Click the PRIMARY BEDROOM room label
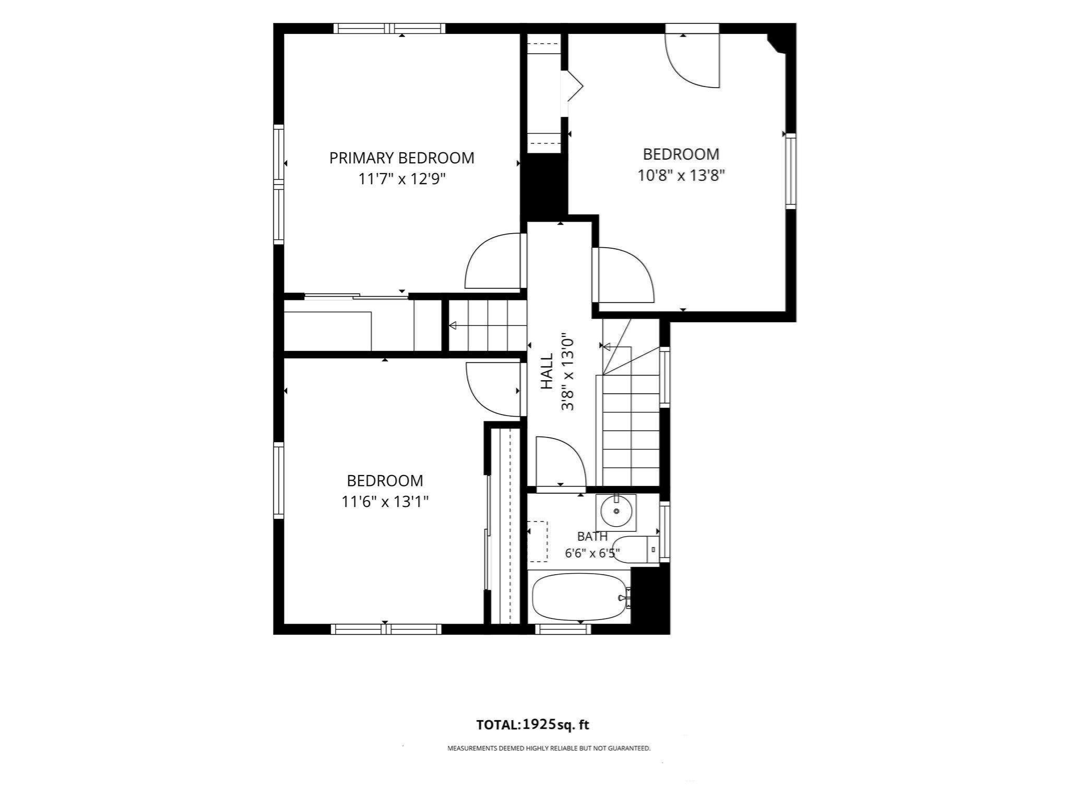[401, 158]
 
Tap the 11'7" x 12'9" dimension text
[401, 179]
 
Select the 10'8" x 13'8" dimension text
[681, 175]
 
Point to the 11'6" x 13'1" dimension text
[385, 502]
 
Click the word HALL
[547, 371]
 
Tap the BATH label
[592, 536]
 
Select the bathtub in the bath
[579, 597]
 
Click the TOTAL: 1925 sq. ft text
[532, 724]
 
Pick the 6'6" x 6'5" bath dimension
[592, 553]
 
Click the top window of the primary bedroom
[389, 28]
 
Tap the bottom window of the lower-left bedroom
[386, 629]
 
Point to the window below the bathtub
[563, 629]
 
